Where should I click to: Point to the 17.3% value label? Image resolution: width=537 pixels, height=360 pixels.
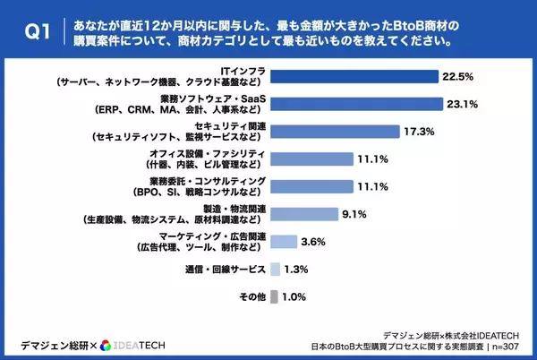[419, 133]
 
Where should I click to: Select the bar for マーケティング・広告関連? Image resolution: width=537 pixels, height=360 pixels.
[283, 242]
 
